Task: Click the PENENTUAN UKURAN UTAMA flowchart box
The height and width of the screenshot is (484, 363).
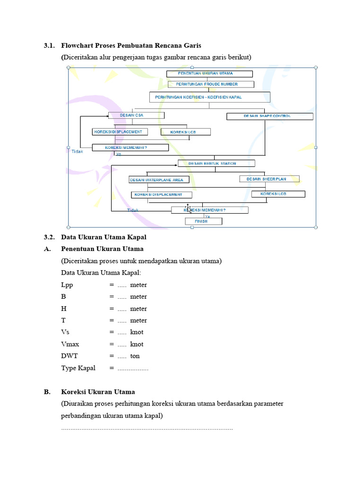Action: [x=209, y=74]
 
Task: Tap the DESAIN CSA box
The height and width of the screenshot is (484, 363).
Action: [x=136, y=115]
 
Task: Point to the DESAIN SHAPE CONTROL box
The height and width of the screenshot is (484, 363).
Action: [x=269, y=116]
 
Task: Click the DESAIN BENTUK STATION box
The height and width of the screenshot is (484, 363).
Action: [x=216, y=164]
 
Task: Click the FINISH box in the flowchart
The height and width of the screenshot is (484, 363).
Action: [x=203, y=221]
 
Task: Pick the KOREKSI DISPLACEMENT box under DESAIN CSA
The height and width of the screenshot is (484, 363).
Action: [x=120, y=132]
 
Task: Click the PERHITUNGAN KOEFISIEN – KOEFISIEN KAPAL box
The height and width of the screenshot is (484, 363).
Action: [x=210, y=97]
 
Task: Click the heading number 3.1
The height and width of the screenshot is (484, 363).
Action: [x=49, y=45]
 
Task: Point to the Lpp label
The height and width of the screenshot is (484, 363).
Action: [x=67, y=285]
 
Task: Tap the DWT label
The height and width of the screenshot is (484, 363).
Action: [x=68, y=356]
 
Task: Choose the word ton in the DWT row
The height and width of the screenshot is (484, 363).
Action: [x=135, y=356]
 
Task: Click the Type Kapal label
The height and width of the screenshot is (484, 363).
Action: [x=78, y=368]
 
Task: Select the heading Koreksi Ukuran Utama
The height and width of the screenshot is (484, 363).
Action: [x=98, y=392]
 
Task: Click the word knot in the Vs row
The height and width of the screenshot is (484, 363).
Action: [x=137, y=332]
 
